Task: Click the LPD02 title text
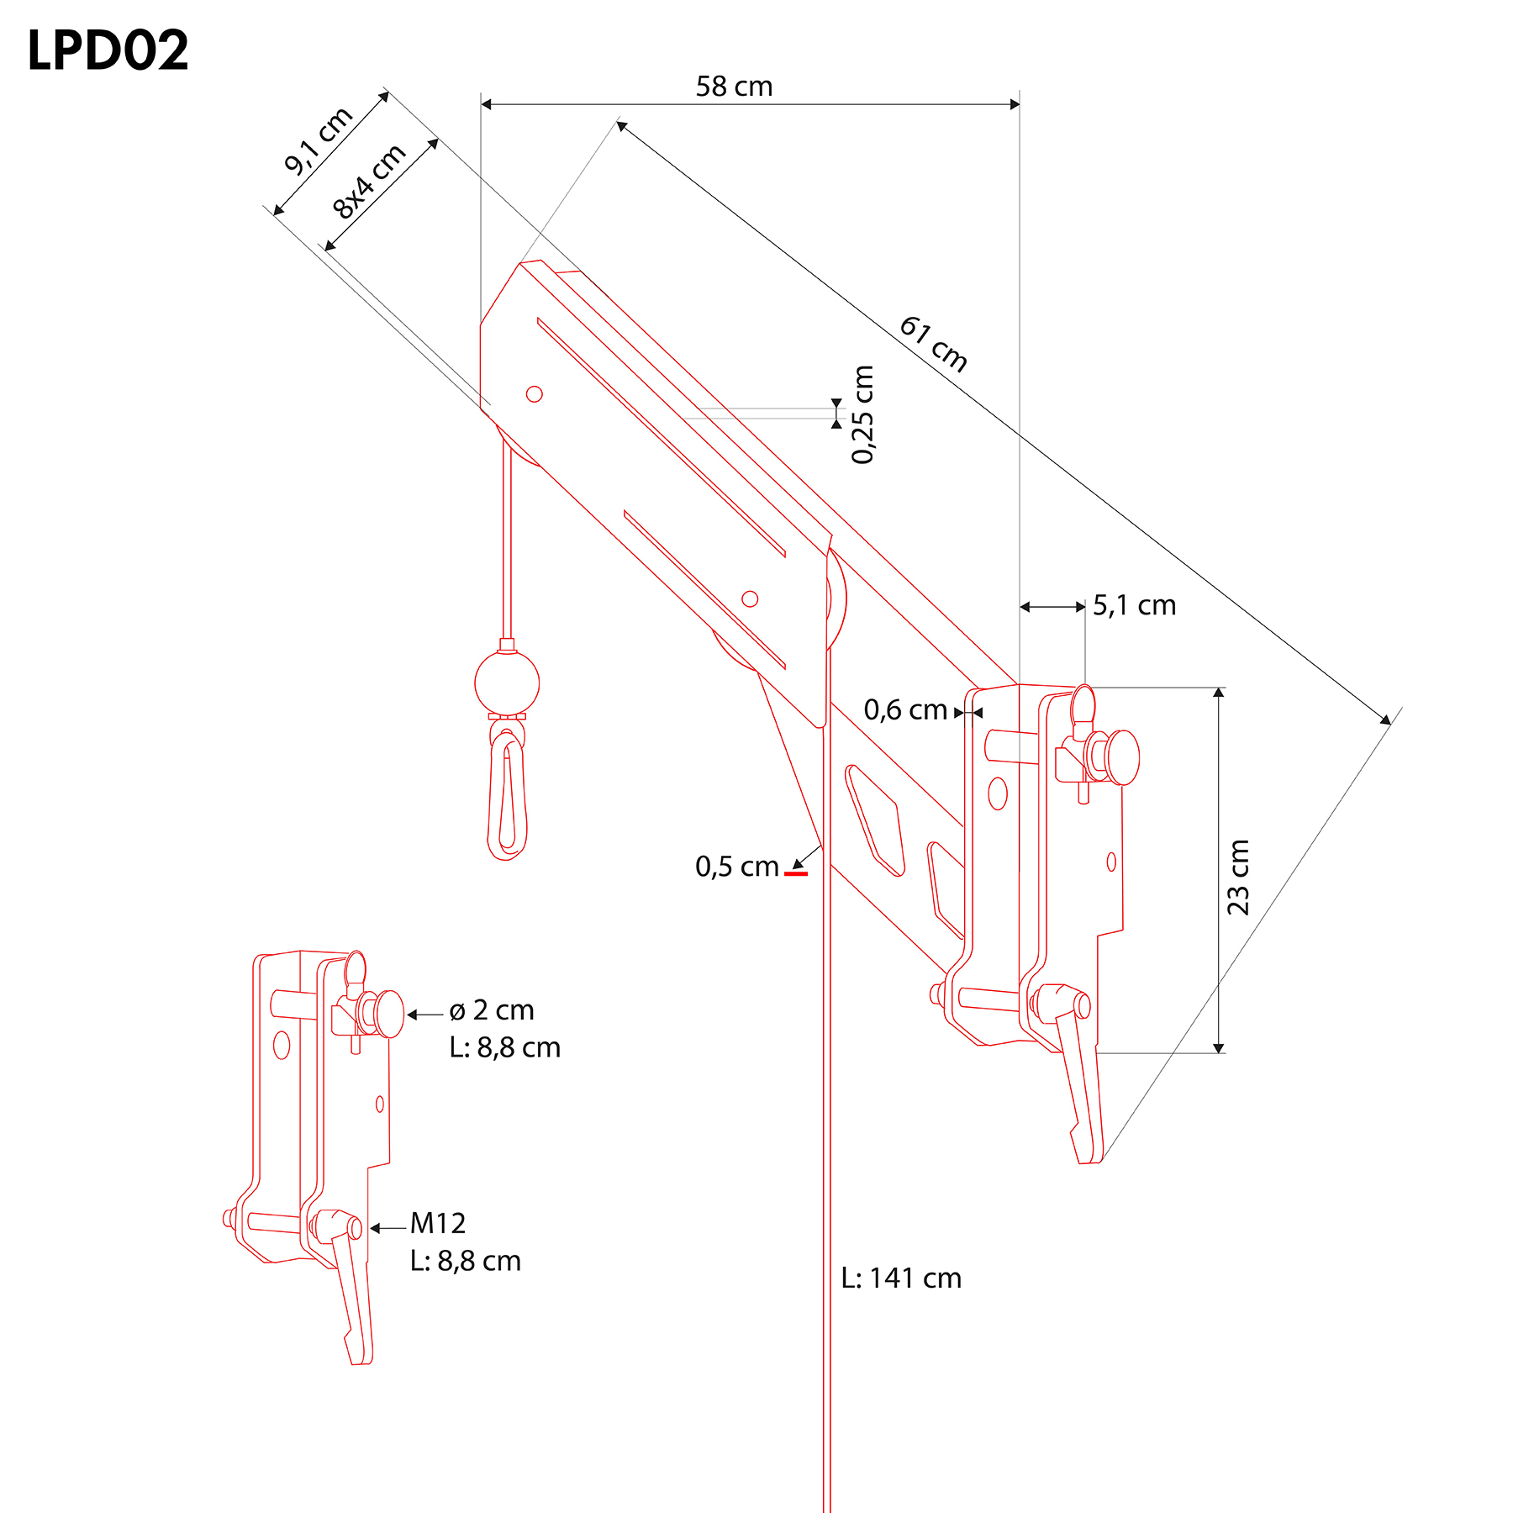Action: pyautogui.click(x=108, y=50)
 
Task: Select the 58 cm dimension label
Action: pyautogui.click(x=734, y=87)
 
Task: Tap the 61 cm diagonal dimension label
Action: pyautogui.click(x=934, y=344)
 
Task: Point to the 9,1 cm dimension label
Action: pyautogui.click(x=319, y=141)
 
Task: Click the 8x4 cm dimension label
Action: pyautogui.click(x=369, y=182)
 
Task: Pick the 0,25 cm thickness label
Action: pyautogui.click(x=862, y=414)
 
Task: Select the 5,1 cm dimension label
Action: pyautogui.click(x=1134, y=605)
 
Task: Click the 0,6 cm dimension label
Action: pyautogui.click(x=905, y=710)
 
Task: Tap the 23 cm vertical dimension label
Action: pyautogui.click(x=1238, y=877)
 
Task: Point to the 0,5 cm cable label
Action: pyautogui.click(x=737, y=867)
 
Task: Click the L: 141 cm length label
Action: pyautogui.click(x=901, y=1278)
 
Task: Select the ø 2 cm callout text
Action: pyautogui.click(x=492, y=1010)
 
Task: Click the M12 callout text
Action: pyautogui.click(x=438, y=1223)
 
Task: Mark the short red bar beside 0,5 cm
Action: pyautogui.click(x=796, y=874)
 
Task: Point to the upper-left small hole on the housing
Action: pyautogui.click(x=534, y=393)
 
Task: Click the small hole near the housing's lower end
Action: pyautogui.click(x=750, y=598)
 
